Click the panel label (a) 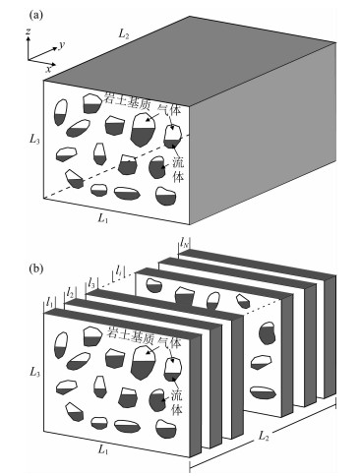point(36,15)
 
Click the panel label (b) point(36,269)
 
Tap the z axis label point(29,31)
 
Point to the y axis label point(61,46)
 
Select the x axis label point(48,69)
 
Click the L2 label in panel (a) point(123,33)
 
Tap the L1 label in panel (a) point(102,218)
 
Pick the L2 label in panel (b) point(264,436)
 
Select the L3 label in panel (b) point(34,372)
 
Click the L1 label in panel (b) point(102,449)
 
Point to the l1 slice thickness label point(49,302)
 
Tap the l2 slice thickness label point(70,291)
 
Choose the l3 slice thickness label point(91,281)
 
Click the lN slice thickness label point(184,243)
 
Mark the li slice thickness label point(118,271)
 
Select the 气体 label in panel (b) point(169,342)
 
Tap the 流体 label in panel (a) point(178,168)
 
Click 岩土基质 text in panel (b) point(129,334)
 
